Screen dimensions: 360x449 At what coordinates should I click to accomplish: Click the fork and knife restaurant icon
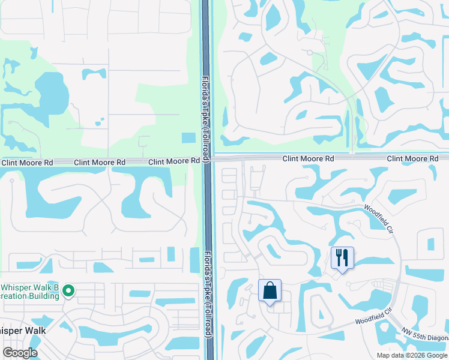[342, 258]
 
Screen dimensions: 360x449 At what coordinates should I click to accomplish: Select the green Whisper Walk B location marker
[69, 292]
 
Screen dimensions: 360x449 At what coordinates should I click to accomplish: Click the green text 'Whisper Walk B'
[30, 288]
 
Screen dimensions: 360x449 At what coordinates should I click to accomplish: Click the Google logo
[20, 353]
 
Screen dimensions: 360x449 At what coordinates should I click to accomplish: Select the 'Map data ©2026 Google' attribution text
[412, 355]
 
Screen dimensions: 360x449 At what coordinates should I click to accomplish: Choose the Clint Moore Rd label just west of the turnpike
[174, 161]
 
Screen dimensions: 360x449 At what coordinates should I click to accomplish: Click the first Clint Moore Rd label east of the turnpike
[308, 158]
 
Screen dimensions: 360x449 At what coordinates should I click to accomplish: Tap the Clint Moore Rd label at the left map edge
[26, 163]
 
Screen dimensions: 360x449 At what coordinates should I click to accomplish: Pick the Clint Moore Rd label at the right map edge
[412, 158]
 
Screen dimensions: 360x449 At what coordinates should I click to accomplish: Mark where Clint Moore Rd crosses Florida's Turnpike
[206, 160]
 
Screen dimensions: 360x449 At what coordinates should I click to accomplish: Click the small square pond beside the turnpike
[188, 137]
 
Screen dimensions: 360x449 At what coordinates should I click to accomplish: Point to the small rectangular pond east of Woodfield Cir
[430, 244]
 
